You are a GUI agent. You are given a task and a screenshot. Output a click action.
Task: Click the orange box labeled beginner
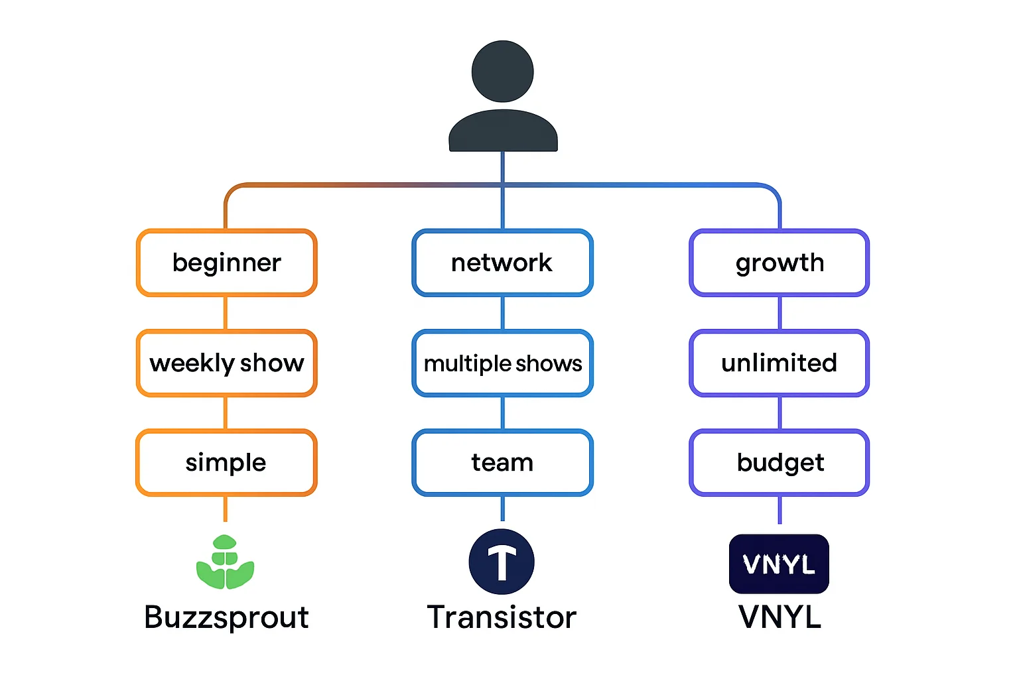[226, 263]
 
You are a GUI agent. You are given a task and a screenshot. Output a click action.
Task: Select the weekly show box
[226, 363]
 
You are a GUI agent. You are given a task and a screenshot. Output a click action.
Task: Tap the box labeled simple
[226, 462]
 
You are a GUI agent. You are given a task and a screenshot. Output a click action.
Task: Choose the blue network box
[502, 263]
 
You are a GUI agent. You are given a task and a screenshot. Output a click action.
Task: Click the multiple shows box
[502, 363]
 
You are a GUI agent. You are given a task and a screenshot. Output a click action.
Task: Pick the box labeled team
[502, 462]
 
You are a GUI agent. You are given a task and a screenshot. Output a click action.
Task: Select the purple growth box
[780, 263]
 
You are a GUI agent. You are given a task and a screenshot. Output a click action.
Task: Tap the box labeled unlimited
[780, 363]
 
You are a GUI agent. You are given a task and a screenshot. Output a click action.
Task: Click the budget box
[780, 462]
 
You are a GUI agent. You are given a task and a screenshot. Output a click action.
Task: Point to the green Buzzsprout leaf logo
[226, 562]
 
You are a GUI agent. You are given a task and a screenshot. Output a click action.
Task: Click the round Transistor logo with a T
[502, 562]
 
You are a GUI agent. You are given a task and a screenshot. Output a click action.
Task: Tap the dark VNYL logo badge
[779, 564]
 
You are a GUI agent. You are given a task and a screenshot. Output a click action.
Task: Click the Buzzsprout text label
[226, 617]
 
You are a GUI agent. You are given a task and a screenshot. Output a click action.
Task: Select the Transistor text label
[502, 617]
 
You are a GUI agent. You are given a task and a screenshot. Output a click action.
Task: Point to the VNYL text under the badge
[780, 617]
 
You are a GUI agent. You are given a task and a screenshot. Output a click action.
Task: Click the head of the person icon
[503, 71]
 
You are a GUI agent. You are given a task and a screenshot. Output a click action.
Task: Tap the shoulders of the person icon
[503, 131]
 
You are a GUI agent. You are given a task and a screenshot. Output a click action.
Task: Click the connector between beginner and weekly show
[226, 313]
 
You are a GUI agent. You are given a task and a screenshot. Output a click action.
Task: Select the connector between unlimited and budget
[780, 412]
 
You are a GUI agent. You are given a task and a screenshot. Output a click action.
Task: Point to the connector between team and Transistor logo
[502, 509]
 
